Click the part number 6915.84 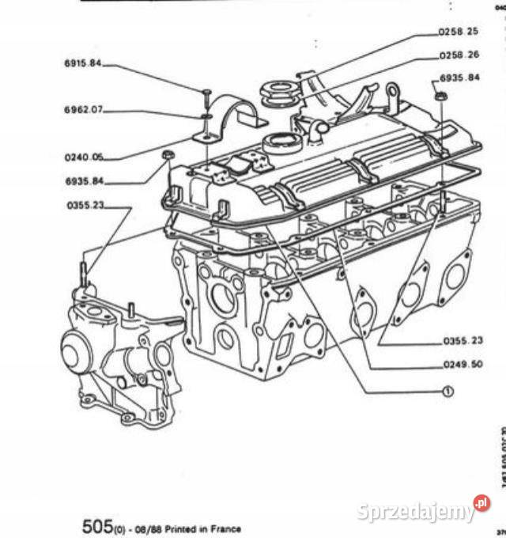pos(83,63)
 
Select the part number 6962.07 pos(83,110)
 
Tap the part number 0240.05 pos(84,157)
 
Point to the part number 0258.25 pos(459,32)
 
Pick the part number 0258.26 pos(459,55)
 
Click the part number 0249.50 pos(463,366)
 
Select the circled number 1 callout pos(447,392)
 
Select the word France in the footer pos(225,529)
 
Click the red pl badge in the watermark pos(481,503)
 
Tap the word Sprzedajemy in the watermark pos(415,512)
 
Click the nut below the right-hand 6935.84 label pos(440,97)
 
